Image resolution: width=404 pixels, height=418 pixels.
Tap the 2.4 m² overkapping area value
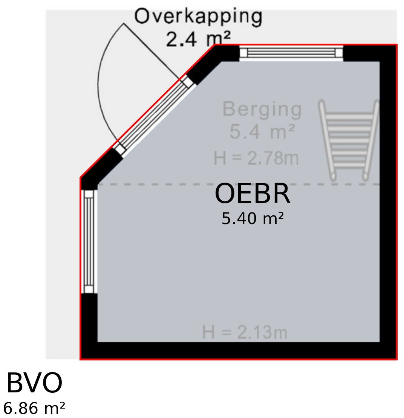[x=198, y=39]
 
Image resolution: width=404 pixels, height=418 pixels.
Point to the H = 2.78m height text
[x=256, y=158]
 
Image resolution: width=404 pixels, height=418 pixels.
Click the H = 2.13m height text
[x=245, y=332]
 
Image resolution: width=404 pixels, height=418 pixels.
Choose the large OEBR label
[x=252, y=194]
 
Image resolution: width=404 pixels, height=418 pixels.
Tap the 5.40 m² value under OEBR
[x=252, y=218]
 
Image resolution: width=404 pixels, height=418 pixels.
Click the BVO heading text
[x=34, y=383]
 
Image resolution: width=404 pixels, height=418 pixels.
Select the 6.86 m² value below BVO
[x=34, y=408]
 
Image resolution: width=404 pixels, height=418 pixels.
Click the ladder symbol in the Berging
[x=348, y=140]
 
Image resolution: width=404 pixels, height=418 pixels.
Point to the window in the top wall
[x=291, y=53]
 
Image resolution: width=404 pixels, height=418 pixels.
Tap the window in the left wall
[x=89, y=241]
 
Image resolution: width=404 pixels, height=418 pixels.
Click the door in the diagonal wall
[x=154, y=116]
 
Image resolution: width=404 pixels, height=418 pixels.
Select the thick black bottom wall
[x=239, y=351]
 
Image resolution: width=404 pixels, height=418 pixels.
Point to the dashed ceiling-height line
[x=238, y=184]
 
